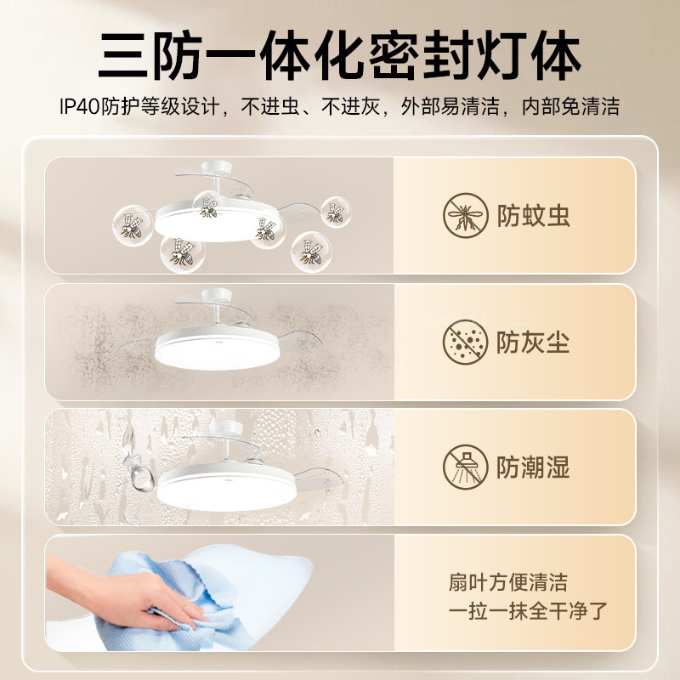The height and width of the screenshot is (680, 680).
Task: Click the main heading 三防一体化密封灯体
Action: pos(340,56)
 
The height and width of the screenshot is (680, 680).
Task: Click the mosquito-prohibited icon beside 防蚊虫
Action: pos(465,216)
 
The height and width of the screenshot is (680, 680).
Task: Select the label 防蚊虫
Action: pos(535,216)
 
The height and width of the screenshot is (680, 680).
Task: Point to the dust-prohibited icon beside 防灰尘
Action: pos(465,343)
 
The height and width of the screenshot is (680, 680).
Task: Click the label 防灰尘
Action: pos(535,343)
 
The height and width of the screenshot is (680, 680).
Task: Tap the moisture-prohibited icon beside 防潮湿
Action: pos(465,467)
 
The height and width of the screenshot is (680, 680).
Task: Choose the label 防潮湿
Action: pos(535,467)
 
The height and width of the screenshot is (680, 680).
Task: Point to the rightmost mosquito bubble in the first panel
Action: pos(336,212)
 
